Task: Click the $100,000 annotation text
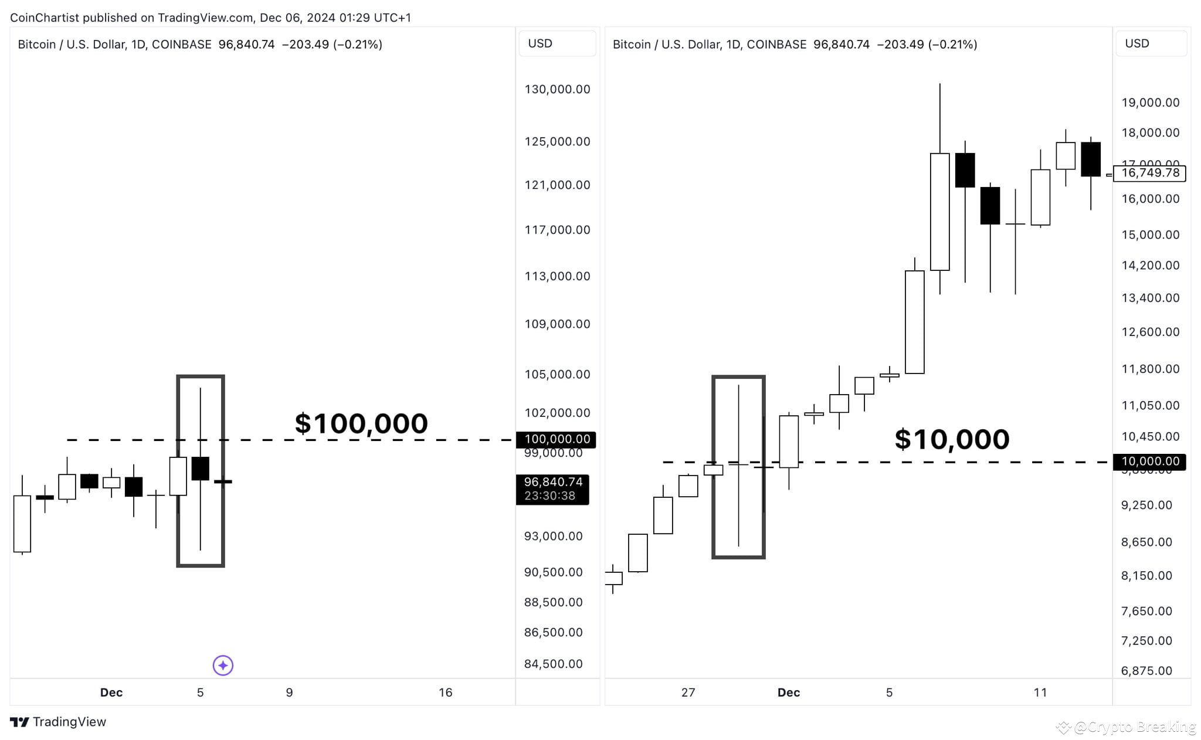[x=361, y=423]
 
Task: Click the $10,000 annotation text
[x=952, y=439]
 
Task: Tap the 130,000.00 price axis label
[x=557, y=89]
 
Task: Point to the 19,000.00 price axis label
[x=1150, y=103]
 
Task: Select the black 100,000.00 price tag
[x=557, y=439]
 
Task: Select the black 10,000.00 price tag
[x=1149, y=461]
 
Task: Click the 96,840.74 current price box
[x=552, y=489]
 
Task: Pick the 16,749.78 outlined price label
[x=1149, y=173]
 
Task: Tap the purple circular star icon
[x=223, y=665]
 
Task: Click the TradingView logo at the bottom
[x=58, y=722]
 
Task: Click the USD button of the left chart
[x=557, y=43]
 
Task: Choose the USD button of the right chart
[x=1151, y=43]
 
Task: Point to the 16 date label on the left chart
[x=445, y=693]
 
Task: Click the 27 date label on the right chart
[x=688, y=693]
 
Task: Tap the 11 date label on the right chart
[x=1040, y=693]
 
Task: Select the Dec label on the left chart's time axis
[x=111, y=693]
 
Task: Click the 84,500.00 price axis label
[x=553, y=664]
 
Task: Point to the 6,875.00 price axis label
[x=1146, y=671]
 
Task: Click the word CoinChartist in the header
[x=45, y=18]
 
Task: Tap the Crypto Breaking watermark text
[x=1134, y=727]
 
